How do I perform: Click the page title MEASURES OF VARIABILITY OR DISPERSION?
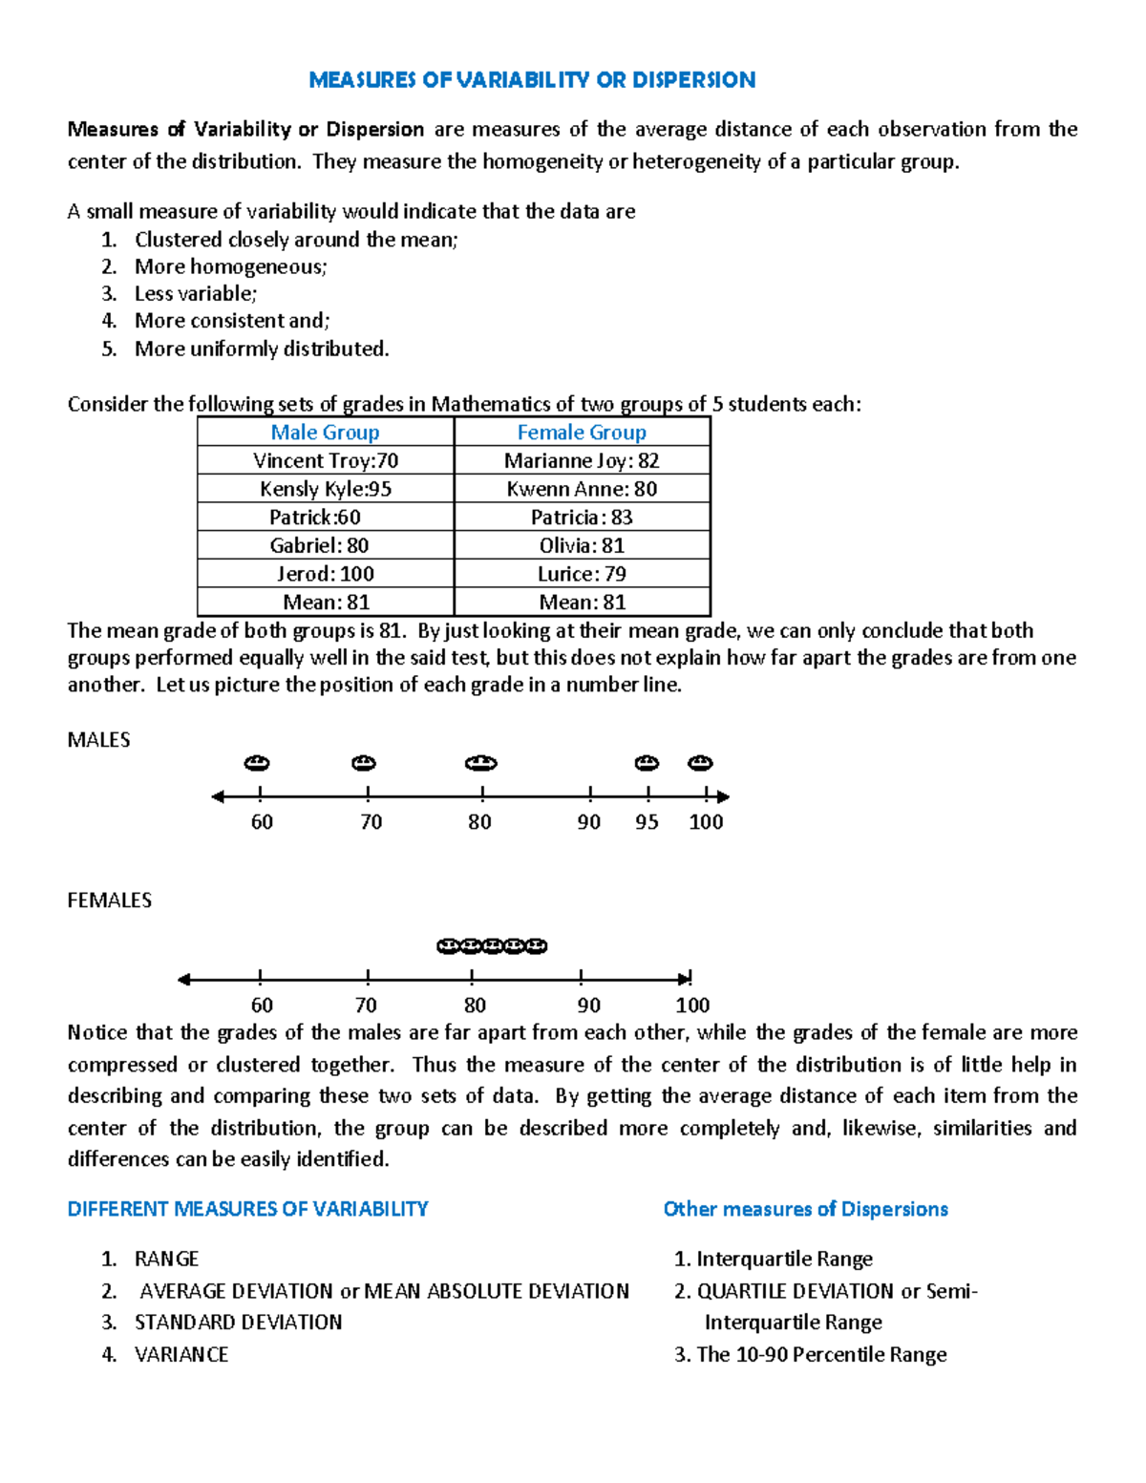(532, 80)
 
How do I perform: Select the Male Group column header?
(325, 433)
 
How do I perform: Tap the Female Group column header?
(582, 433)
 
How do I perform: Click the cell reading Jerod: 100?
(325, 574)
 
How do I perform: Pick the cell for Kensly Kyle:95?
(325, 489)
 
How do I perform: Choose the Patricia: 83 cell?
(582, 518)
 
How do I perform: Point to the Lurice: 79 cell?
(582, 574)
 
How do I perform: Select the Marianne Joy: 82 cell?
(582, 461)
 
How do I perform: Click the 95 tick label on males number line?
(647, 822)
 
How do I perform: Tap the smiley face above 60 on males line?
(257, 763)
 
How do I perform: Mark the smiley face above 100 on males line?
(701, 763)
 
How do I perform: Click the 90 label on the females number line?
(588, 1006)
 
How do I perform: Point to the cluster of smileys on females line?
(492, 946)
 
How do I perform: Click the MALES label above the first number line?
(98, 740)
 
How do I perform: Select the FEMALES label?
(109, 900)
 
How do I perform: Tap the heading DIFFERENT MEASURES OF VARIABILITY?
(247, 1210)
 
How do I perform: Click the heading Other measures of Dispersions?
(805, 1210)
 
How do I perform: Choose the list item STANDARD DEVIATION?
(238, 1323)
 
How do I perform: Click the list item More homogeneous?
(230, 267)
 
